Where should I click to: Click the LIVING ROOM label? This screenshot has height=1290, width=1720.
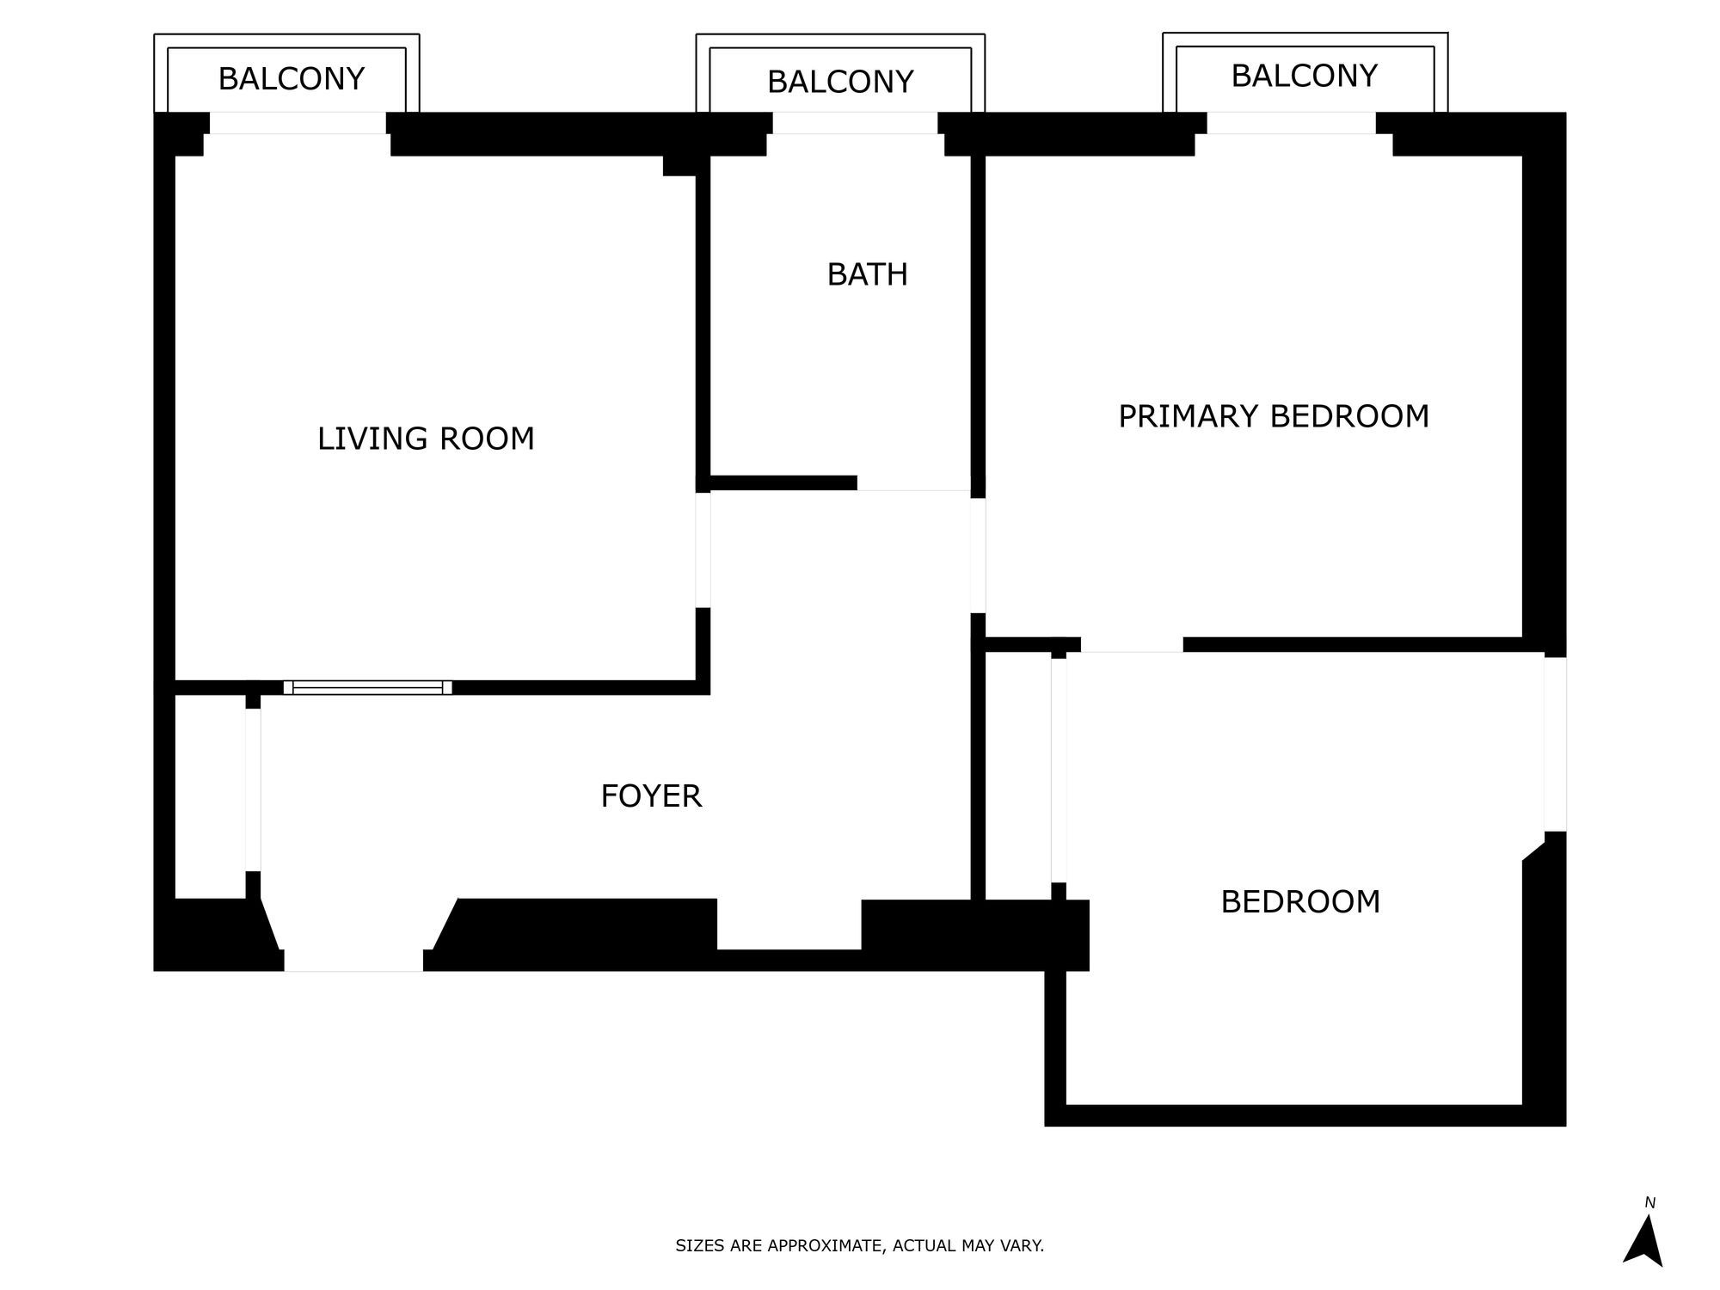(426, 439)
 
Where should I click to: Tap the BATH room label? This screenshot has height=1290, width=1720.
(867, 275)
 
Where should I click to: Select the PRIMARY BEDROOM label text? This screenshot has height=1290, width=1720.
(1273, 417)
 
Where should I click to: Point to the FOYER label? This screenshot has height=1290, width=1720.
(651, 796)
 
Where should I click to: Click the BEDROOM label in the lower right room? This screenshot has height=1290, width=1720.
(1300, 902)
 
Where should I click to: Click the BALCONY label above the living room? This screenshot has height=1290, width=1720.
(292, 79)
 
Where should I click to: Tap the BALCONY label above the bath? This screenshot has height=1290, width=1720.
(840, 83)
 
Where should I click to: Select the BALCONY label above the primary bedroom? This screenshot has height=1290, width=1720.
(1304, 77)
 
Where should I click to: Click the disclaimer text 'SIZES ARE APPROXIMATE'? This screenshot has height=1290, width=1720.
(859, 1245)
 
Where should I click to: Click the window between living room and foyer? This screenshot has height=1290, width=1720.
(367, 687)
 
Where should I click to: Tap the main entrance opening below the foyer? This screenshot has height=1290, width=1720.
(353, 959)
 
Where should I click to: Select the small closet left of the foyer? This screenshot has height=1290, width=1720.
(210, 795)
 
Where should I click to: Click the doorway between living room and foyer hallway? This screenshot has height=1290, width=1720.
(703, 550)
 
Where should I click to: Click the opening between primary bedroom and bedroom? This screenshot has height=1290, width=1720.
(1132, 646)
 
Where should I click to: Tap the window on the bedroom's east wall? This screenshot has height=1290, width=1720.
(1555, 744)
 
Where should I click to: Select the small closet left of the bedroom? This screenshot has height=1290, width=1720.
(1017, 774)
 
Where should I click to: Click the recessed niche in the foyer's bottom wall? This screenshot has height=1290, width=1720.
(789, 924)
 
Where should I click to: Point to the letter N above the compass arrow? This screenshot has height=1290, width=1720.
(1649, 1203)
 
